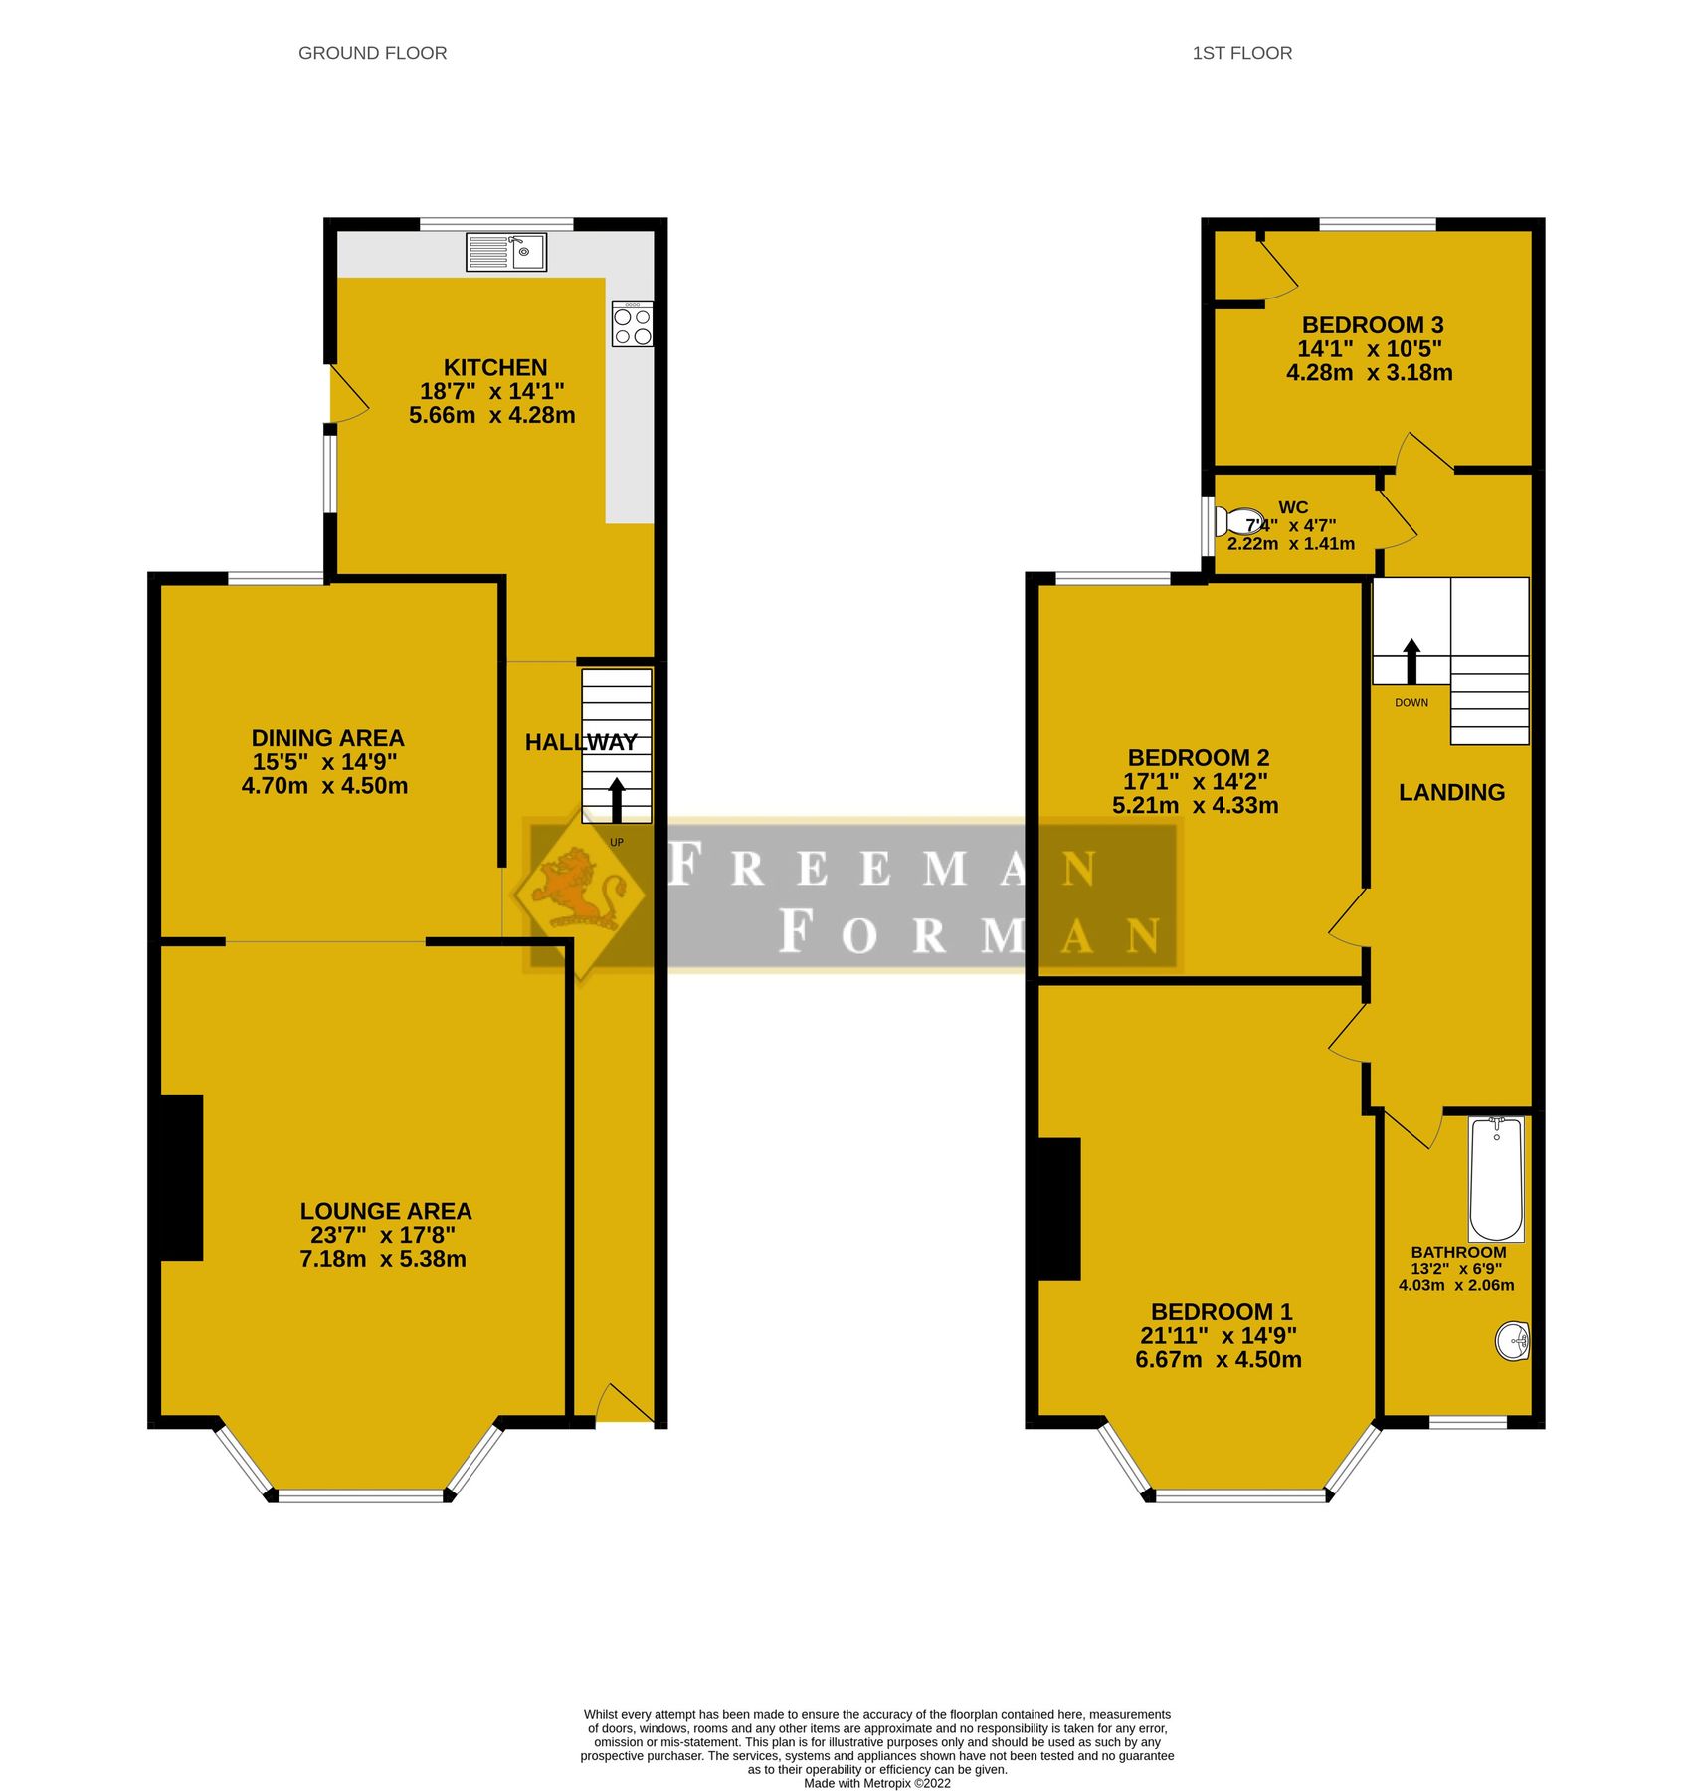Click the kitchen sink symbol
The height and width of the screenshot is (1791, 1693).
(x=505, y=252)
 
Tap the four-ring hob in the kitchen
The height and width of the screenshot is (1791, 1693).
(x=633, y=325)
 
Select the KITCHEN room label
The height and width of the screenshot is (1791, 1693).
(x=495, y=367)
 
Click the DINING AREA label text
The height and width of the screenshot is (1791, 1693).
(x=327, y=738)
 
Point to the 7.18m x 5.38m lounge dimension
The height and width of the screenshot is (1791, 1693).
(x=383, y=1259)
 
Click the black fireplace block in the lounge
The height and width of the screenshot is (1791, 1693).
(x=182, y=1177)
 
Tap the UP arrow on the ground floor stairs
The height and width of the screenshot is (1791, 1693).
(x=617, y=800)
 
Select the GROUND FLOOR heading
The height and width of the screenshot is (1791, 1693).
(x=373, y=53)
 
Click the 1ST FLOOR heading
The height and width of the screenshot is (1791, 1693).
(x=1242, y=53)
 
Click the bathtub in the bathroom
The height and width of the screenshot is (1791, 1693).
(x=1496, y=1178)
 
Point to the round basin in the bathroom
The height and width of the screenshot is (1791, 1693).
(x=1512, y=1341)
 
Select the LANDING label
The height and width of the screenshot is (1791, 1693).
(x=1451, y=792)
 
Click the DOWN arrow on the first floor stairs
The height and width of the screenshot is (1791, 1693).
(x=1411, y=661)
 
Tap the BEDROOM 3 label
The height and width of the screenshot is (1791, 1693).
(x=1373, y=325)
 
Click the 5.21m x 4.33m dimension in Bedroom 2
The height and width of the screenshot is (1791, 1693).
(x=1196, y=806)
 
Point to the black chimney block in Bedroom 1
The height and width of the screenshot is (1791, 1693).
(x=1060, y=1209)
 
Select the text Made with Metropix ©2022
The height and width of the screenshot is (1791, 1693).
(x=876, y=1783)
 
